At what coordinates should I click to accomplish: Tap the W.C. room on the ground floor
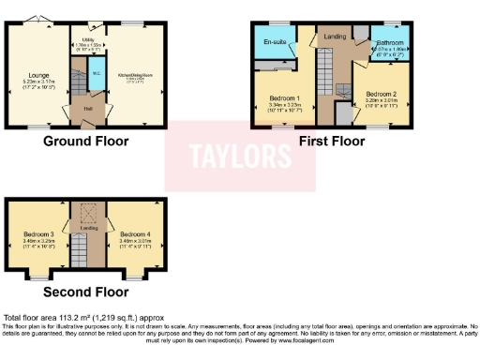pyautogui.click(x=97, y=77)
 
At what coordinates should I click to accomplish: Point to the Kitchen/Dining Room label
pyautogui.click(x=136, y=76)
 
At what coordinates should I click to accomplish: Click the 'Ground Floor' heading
pyautogui.click(x=85, y=142)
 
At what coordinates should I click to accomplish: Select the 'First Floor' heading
pyautogui.click(x=331, y=142)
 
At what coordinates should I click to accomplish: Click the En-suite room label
pyautogui.click(x=275, y=41)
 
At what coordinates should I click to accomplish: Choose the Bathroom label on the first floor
pyautogui.click(x=389, y=43)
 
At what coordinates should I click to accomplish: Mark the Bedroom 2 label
pyautogui.click(x=382, y=95)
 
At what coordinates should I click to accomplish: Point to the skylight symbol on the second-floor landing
pyautogui.click(x=87, y=213)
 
